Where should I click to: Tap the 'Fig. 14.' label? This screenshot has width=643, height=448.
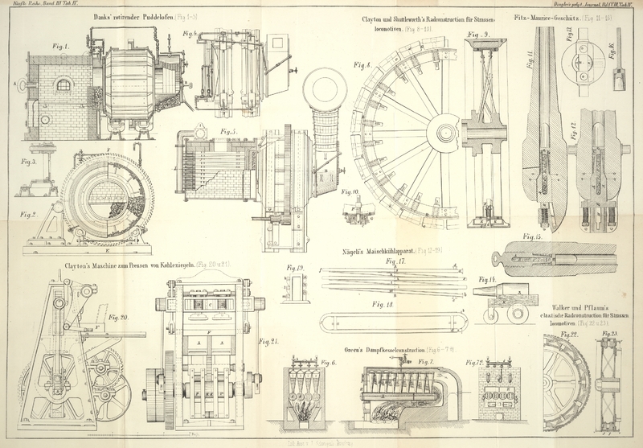(487, 279)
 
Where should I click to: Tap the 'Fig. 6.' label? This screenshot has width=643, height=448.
(328, 364)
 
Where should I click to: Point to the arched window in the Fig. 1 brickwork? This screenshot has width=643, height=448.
(63, 84)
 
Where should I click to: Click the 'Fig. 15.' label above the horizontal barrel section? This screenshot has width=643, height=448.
(532, 236)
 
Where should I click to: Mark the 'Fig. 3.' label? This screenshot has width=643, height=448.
(30, 162)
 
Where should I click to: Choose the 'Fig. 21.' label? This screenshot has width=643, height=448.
(268, 342)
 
